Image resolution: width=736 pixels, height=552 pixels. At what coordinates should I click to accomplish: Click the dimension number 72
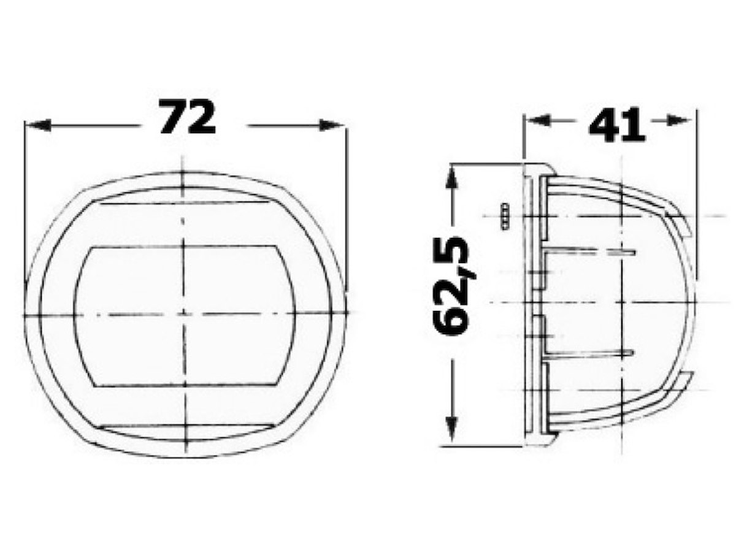(186, 117)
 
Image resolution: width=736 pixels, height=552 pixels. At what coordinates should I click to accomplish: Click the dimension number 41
(616, 125)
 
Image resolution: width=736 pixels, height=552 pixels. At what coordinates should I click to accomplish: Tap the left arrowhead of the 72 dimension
(39, 125)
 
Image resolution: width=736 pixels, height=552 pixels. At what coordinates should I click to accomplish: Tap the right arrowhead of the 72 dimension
(331, 125)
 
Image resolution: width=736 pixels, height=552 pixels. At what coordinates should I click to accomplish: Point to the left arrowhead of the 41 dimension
(538, 120)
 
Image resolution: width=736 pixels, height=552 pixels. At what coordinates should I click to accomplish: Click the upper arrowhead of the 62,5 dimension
(452, 179)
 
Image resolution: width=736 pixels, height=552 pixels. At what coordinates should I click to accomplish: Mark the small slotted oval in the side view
(504, 217)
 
